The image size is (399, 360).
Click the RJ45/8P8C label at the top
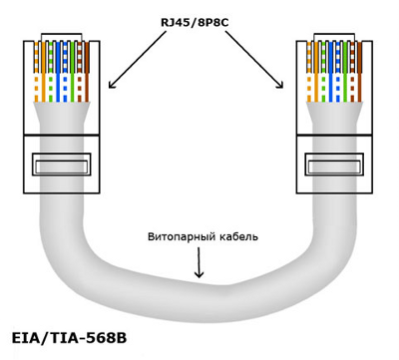tap(195, 23)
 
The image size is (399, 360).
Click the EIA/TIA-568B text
tap(69, 338)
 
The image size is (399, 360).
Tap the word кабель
tap(238, 236)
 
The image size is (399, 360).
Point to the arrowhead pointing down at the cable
tap(199, 273)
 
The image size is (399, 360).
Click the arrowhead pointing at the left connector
tap(112, 85)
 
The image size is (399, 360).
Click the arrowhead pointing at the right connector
tap(280, 85)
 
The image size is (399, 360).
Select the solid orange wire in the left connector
tap(43, 72)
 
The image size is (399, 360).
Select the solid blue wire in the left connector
tap(58, 72)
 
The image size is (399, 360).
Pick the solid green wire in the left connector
tap(72, 72)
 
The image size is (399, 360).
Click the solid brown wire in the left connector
tap(87, 72)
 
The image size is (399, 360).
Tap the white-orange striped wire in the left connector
tap(36, 72)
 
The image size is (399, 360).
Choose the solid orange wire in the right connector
tap(316, 72)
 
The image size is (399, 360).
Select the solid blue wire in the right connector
tap(331, 72)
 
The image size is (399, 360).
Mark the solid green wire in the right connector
tap(345, 72)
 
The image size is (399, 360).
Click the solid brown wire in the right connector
tap(360, 72)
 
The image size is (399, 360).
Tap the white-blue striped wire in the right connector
tap(338, 72)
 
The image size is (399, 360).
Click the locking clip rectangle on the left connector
tap(62, 154)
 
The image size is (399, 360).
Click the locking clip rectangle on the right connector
tap(334, 154)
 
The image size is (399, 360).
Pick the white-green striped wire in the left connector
tap(51, 72)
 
